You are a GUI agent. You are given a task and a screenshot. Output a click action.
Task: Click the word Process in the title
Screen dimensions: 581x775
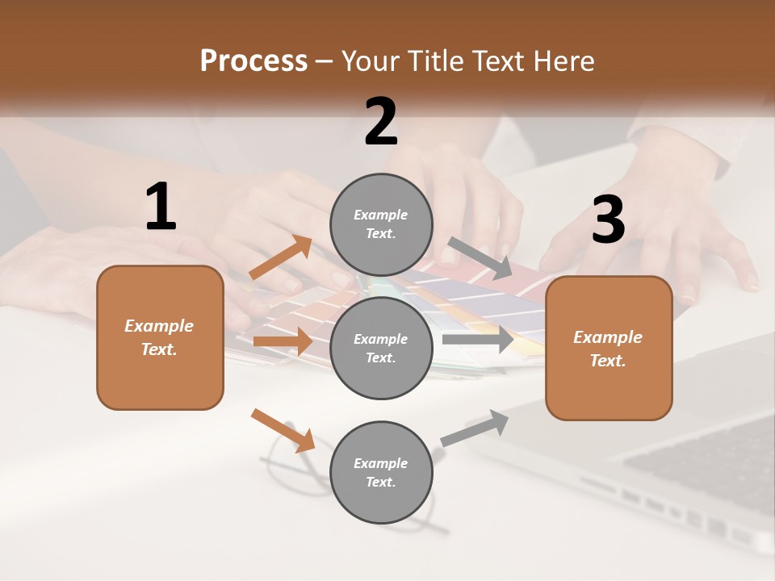click(x=253, y=61)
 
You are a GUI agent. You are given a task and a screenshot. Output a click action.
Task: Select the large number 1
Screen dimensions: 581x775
click(x=161, y=207)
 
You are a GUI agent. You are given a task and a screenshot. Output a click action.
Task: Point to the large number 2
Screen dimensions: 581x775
click(x=381, y=122)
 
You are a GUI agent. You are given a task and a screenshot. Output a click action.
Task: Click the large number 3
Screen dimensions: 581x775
click(x=608, y=220)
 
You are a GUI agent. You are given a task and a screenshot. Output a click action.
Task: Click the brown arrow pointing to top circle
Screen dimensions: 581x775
click(x=281, y=257)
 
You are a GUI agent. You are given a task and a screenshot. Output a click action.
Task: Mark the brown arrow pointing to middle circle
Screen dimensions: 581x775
click(x=283, y=341)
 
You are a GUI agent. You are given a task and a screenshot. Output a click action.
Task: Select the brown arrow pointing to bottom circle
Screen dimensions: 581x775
click(x=283, y=430)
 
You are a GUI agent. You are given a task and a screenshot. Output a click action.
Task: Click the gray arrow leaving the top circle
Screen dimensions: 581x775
click(x=480, y=257)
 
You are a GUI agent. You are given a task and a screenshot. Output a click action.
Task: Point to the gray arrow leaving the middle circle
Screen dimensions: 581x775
click(x=478, y=339)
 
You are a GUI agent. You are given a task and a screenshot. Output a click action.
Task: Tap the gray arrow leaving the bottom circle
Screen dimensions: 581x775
click(x=475, y=428)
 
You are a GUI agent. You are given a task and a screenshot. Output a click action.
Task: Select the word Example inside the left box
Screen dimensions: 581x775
click(x=159, y=326)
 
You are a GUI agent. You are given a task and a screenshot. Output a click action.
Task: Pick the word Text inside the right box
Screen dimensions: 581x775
click(x=608, y=361)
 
